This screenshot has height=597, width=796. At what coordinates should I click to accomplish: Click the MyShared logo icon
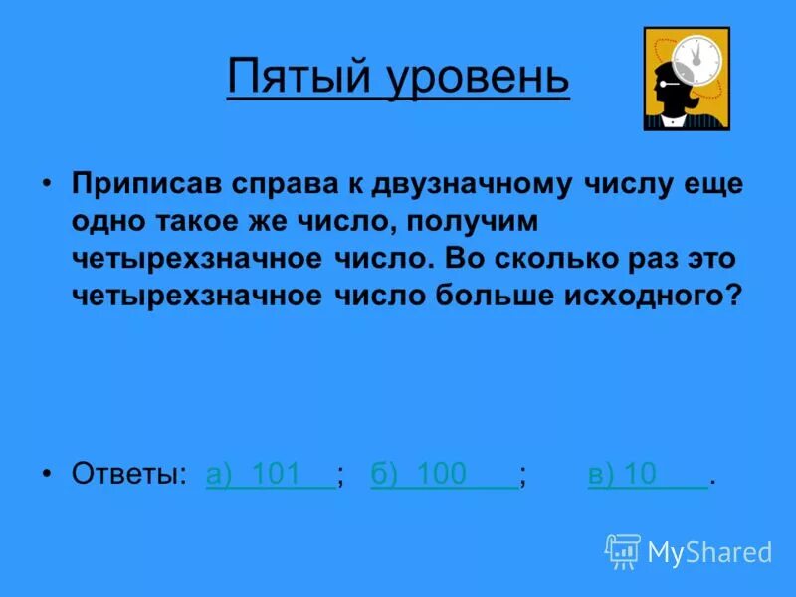point(623,551)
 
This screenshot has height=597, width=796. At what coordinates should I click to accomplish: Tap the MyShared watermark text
point(710,552)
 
